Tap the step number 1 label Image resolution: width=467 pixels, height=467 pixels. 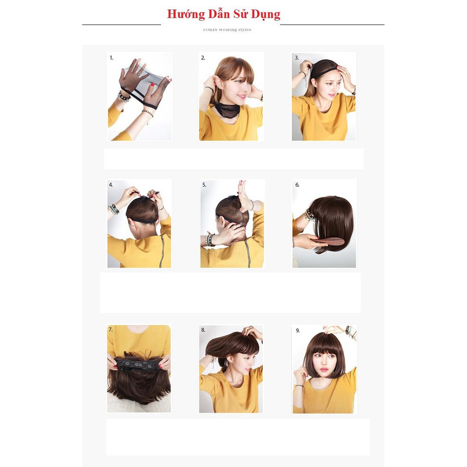coord(111,58)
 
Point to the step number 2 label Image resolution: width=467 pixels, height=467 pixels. coord(203,58)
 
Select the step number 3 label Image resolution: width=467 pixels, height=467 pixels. coord(296,58)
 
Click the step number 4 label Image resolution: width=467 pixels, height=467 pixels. coord(111,185)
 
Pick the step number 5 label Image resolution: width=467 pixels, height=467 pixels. coord(204,185)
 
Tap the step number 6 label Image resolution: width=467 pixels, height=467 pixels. coord(297,185)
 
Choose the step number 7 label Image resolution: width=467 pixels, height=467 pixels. coord(110,329)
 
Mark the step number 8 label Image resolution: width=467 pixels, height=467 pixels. coord(203,330)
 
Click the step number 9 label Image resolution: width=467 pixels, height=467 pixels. coord(297,330)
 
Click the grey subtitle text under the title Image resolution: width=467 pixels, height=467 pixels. coord(227,30)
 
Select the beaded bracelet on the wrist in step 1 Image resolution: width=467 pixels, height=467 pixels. coord(123,96)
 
